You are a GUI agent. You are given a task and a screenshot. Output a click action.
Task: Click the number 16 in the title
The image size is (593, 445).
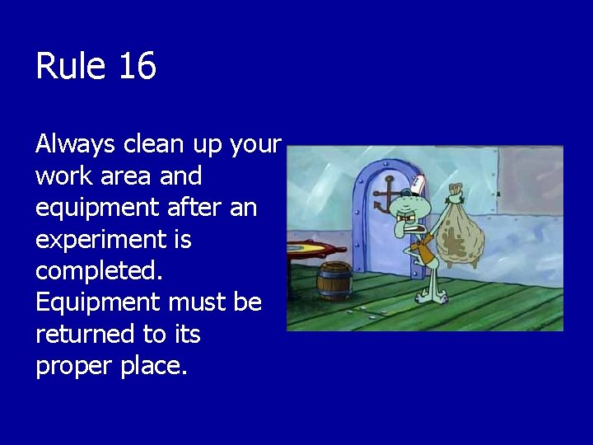pos(137,66)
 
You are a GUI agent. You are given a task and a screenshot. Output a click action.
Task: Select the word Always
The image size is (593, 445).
pos(77,145)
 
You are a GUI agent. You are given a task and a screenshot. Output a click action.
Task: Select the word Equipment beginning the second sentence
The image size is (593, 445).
pos(98,302)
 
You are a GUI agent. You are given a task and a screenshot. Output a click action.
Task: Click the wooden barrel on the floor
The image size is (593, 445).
pos(335,279)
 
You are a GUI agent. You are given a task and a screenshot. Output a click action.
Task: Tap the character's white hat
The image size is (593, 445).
pos(419,184)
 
